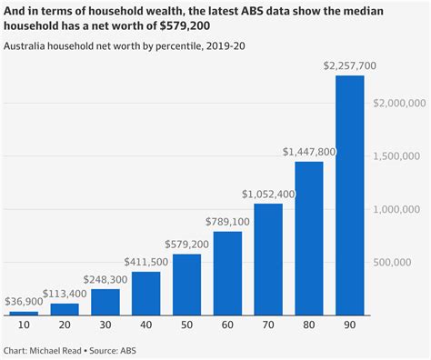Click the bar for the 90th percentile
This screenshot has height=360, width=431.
(349, 195)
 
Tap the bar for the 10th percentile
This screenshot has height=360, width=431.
(24, 313)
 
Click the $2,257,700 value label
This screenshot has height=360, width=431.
(349, 65)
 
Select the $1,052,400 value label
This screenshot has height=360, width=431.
(267, 194)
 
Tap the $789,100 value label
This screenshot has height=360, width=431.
(226, 221)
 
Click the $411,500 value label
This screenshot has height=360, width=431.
(145, 262)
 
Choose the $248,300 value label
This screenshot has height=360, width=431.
(105, 279)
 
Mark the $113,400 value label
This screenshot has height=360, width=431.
(64, 294)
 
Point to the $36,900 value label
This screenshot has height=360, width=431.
(24, 302)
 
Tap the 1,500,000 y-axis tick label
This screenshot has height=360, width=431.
(400, 156)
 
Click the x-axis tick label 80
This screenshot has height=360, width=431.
(308, 325)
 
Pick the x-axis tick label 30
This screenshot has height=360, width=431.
(105, 325)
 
